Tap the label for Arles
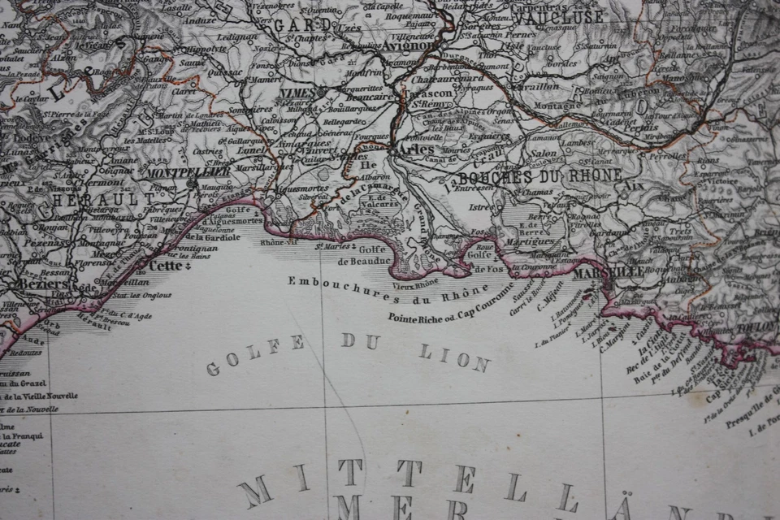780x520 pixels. [x=414, y=149]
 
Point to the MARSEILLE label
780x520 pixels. [x=609, y=272]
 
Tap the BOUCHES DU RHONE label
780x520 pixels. [x=539, y=176]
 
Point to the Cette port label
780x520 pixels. [x=166, y=265]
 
